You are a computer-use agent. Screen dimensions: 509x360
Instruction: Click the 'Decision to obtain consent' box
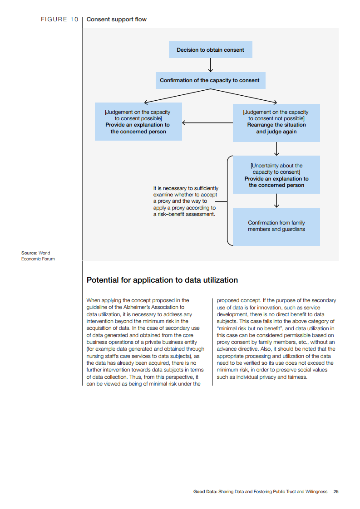point(210,50)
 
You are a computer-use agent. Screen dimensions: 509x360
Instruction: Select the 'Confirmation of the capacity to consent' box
point(210,80)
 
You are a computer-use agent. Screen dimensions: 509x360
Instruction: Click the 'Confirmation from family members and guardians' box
point(276,226)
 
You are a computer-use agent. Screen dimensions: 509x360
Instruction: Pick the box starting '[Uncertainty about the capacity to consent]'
point(276,175)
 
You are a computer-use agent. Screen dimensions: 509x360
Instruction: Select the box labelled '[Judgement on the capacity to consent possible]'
point(138,122)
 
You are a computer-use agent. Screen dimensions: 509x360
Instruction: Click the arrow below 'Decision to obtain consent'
point(210,65)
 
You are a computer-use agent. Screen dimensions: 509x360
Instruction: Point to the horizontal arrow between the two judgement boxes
point(207,122)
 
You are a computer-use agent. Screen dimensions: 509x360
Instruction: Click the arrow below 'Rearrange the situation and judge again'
point(276,149)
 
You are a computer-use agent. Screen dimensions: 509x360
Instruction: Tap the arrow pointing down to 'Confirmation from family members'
point(276,201)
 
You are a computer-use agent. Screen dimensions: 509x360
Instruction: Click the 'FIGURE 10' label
point(59,20)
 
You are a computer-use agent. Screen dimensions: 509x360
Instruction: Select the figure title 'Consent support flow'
point(116,20)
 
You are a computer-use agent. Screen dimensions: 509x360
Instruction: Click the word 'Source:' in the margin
point(29,253)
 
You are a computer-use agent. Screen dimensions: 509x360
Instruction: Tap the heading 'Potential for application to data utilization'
point(162,280)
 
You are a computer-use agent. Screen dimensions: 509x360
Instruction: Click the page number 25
point(336,491)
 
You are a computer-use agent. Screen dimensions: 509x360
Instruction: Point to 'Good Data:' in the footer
point(205,491)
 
